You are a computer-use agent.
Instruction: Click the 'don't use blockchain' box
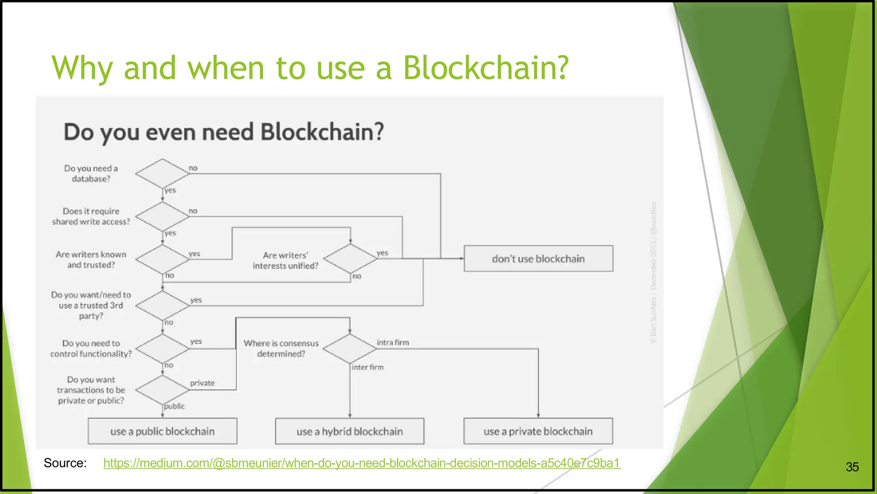click(x=538, y=259)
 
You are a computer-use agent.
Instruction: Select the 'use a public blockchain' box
click(x=162, y=432)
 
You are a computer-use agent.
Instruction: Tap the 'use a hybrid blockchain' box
click(x=349, y=432)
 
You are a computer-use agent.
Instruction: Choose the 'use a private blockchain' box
click(x=538, y=432)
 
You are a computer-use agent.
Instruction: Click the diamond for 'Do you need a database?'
click(x=162, y=173)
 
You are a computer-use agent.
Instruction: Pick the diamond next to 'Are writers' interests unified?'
click(x=350, y=259)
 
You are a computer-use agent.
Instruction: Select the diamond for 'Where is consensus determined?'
click(x=350, y=349)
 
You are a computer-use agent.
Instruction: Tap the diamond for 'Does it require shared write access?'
click(x=162, y=217)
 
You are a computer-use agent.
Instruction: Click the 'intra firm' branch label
click(x=393, y=342)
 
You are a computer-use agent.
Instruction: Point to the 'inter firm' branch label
click(x=367, y=367)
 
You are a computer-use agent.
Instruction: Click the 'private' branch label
click(x=202, y=383)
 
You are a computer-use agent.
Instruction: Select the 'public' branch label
click(x=174, y=406)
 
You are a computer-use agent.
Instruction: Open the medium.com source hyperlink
click(x=362, y=463)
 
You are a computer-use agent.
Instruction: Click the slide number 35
click(x=852, y=467)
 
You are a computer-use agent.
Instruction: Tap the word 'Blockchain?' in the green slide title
click(x=486, y=68)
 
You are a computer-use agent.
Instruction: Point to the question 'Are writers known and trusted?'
click(x=91, y=259)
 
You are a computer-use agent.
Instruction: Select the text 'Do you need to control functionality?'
click(x=91, y=348)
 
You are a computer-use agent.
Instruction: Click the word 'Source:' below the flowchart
click(x=65, y=463)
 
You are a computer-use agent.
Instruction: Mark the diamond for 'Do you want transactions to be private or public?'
click(x=162, y=390)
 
